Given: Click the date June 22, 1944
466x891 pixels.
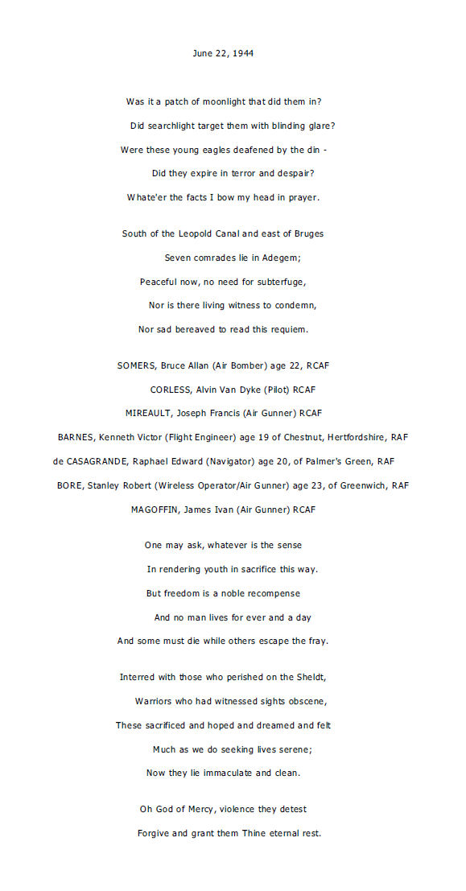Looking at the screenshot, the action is point(224,53).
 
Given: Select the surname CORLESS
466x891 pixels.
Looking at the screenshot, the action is point(170,390).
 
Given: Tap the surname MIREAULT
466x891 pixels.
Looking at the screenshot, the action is point(150,413).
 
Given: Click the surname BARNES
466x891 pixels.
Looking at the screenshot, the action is point(76,437).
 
